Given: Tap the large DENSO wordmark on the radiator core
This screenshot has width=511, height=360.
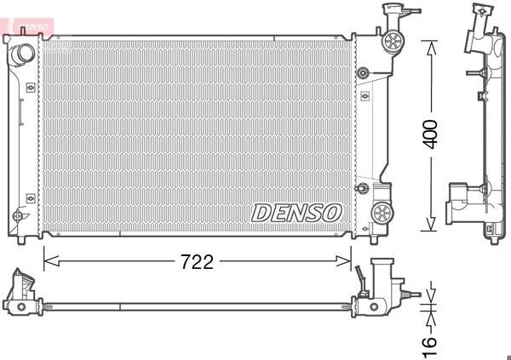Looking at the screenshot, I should point(296,212).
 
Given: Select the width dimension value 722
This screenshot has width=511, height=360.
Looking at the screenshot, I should point(196,261).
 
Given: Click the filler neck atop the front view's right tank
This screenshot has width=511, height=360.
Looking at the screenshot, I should point(393,14).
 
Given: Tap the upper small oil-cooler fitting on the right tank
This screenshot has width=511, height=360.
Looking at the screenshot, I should point(364,73).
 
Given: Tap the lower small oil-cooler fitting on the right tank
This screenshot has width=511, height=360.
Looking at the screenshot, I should point(363,187).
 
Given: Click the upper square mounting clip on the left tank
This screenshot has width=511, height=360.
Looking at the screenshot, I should point(31,87).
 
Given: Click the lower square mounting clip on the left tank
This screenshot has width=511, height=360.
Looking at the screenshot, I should point(31,197).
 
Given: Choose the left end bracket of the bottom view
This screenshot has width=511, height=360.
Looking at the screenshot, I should point(20,294).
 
